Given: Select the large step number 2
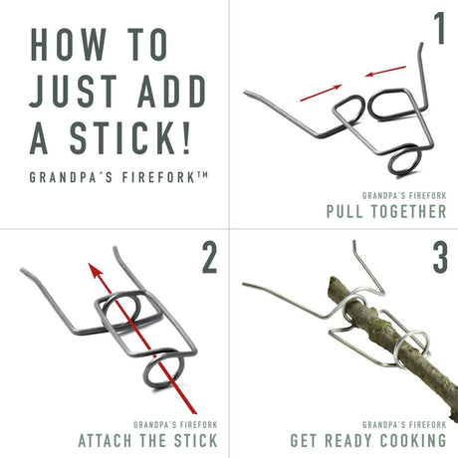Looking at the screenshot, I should pyautogui.click(x=209, y=258).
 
